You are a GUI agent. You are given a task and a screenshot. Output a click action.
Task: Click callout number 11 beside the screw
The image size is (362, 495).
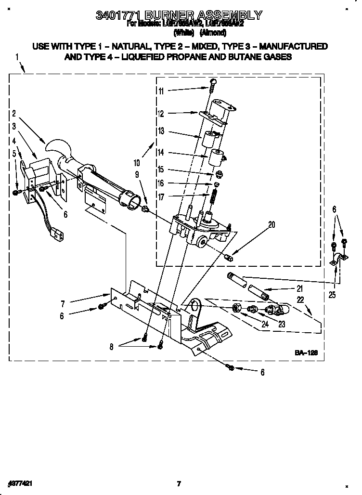[161, 91]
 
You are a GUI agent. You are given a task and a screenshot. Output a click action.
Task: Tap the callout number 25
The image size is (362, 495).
[332, 295]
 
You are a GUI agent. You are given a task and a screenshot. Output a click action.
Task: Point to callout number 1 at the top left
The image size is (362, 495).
[17, 57]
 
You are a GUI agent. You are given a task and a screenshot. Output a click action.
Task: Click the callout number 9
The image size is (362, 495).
[137, 175]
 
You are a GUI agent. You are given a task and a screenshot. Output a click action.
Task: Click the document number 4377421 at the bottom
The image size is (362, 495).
[20, 482]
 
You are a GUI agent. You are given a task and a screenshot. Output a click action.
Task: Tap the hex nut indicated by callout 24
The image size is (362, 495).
[236, 308]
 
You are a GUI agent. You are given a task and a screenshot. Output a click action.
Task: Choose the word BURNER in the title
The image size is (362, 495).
[163, 15]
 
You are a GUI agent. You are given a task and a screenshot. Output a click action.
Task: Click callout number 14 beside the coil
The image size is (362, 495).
[161, 152]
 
